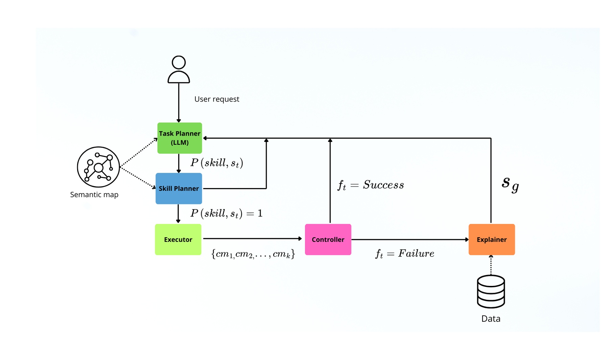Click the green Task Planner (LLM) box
point(180,138)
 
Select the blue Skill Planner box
point(179,188)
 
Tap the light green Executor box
point(178,240)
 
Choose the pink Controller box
point(328,240)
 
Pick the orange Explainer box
point(492,240)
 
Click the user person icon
point(179,69)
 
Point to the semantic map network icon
point(98,167)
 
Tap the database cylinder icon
point(491,291)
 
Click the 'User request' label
point(217,99)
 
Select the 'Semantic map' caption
point(94,195)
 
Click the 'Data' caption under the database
point(491,319)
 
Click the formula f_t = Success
point(371,185)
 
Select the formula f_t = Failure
point(405,253)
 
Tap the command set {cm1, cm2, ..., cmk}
point(253,254)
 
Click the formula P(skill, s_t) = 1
point(226,213)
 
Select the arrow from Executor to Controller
point(252,239)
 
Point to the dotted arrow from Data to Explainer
point(491,265)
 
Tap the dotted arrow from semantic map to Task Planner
point(139,153)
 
